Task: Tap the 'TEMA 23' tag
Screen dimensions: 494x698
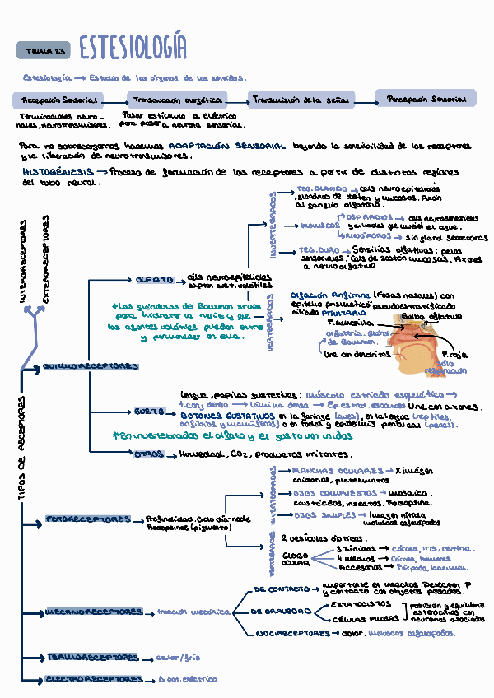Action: point(44,51)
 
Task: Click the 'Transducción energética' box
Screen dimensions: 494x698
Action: point(185,100)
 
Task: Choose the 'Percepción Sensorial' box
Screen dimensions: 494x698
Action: point(426,99)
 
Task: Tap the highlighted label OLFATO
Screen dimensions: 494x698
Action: point(154,279)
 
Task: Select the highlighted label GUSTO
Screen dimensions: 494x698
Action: point(150,411)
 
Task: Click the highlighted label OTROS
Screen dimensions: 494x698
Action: point(149,454)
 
